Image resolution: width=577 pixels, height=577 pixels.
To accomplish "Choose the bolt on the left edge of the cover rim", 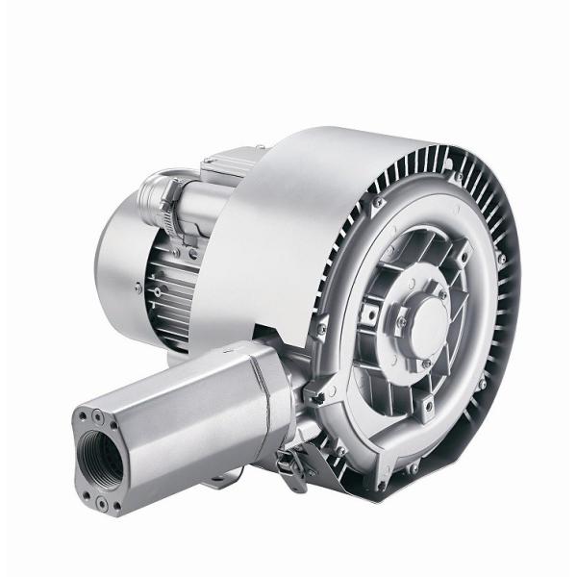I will [323, 332].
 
